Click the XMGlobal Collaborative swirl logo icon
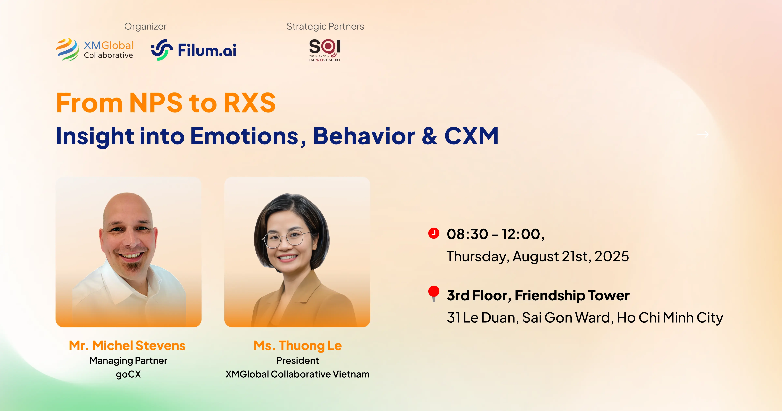(x=67, y=50)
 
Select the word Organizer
(x=145, y=26)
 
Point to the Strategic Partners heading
(x=325, y=26)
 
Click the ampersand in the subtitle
(x=429, y=136)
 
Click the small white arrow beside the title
(x=702, y=134)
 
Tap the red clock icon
(x=434, y=233)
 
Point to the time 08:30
(x=467, y=234)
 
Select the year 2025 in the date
(x=611, y=256)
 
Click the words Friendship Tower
(x=572, y=296)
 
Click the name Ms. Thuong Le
(x=297, y=346)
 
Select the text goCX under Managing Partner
(x=128, y=374)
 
